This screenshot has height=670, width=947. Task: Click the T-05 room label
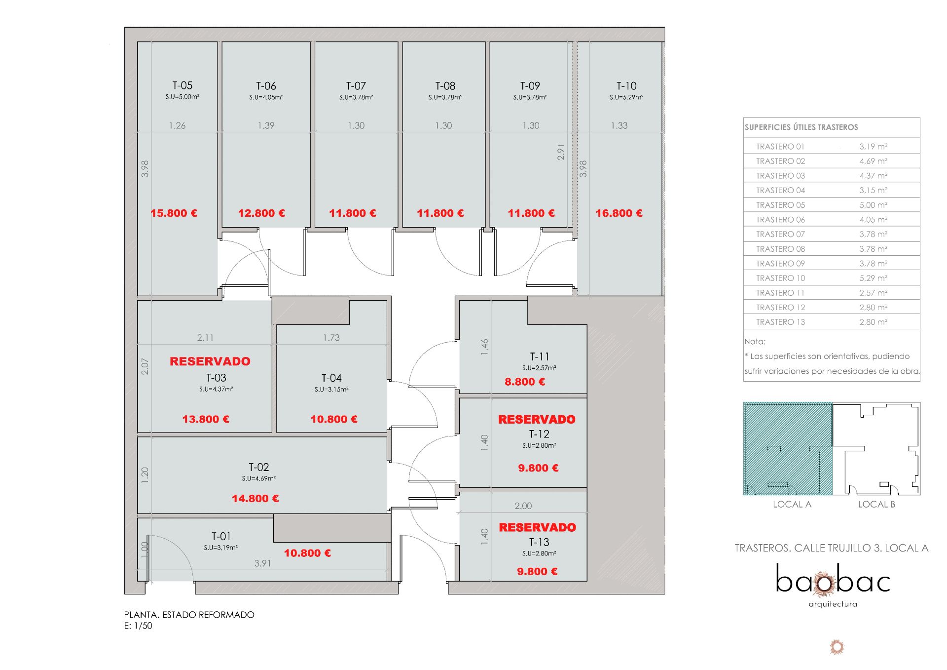tap(182, 85)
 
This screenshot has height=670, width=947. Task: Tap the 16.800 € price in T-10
tap(619, 213)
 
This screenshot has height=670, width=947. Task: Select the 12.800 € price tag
tap(261, 213)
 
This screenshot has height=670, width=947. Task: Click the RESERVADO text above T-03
tap(210, 361)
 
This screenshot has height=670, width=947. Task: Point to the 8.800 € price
tap(525, 382)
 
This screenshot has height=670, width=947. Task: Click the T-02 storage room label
tap(259, 467)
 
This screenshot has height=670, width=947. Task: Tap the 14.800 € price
tap(255, 499)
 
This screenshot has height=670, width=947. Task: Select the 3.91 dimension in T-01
tap(262, 563)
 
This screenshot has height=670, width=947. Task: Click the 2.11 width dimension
tap(205, 338)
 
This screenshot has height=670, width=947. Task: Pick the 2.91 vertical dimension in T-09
tap(561, 152)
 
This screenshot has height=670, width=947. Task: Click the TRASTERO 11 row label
tap(780, 293)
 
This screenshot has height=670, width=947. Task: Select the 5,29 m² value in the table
tap(874, 278)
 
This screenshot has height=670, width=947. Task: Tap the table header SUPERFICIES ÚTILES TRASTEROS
tap(801, 127)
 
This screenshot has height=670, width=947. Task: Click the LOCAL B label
tap(876, 504)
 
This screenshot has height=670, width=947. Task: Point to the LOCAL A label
tap(792, 504)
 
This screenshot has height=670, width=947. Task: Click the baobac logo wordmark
tap(833, 579)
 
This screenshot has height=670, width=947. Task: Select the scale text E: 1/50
tap(138, 626)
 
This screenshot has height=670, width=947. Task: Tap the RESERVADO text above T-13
tap(538, 527)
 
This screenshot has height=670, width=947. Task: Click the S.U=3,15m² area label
tap(331, 390)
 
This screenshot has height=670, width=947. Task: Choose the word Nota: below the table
tap(755, 342)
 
